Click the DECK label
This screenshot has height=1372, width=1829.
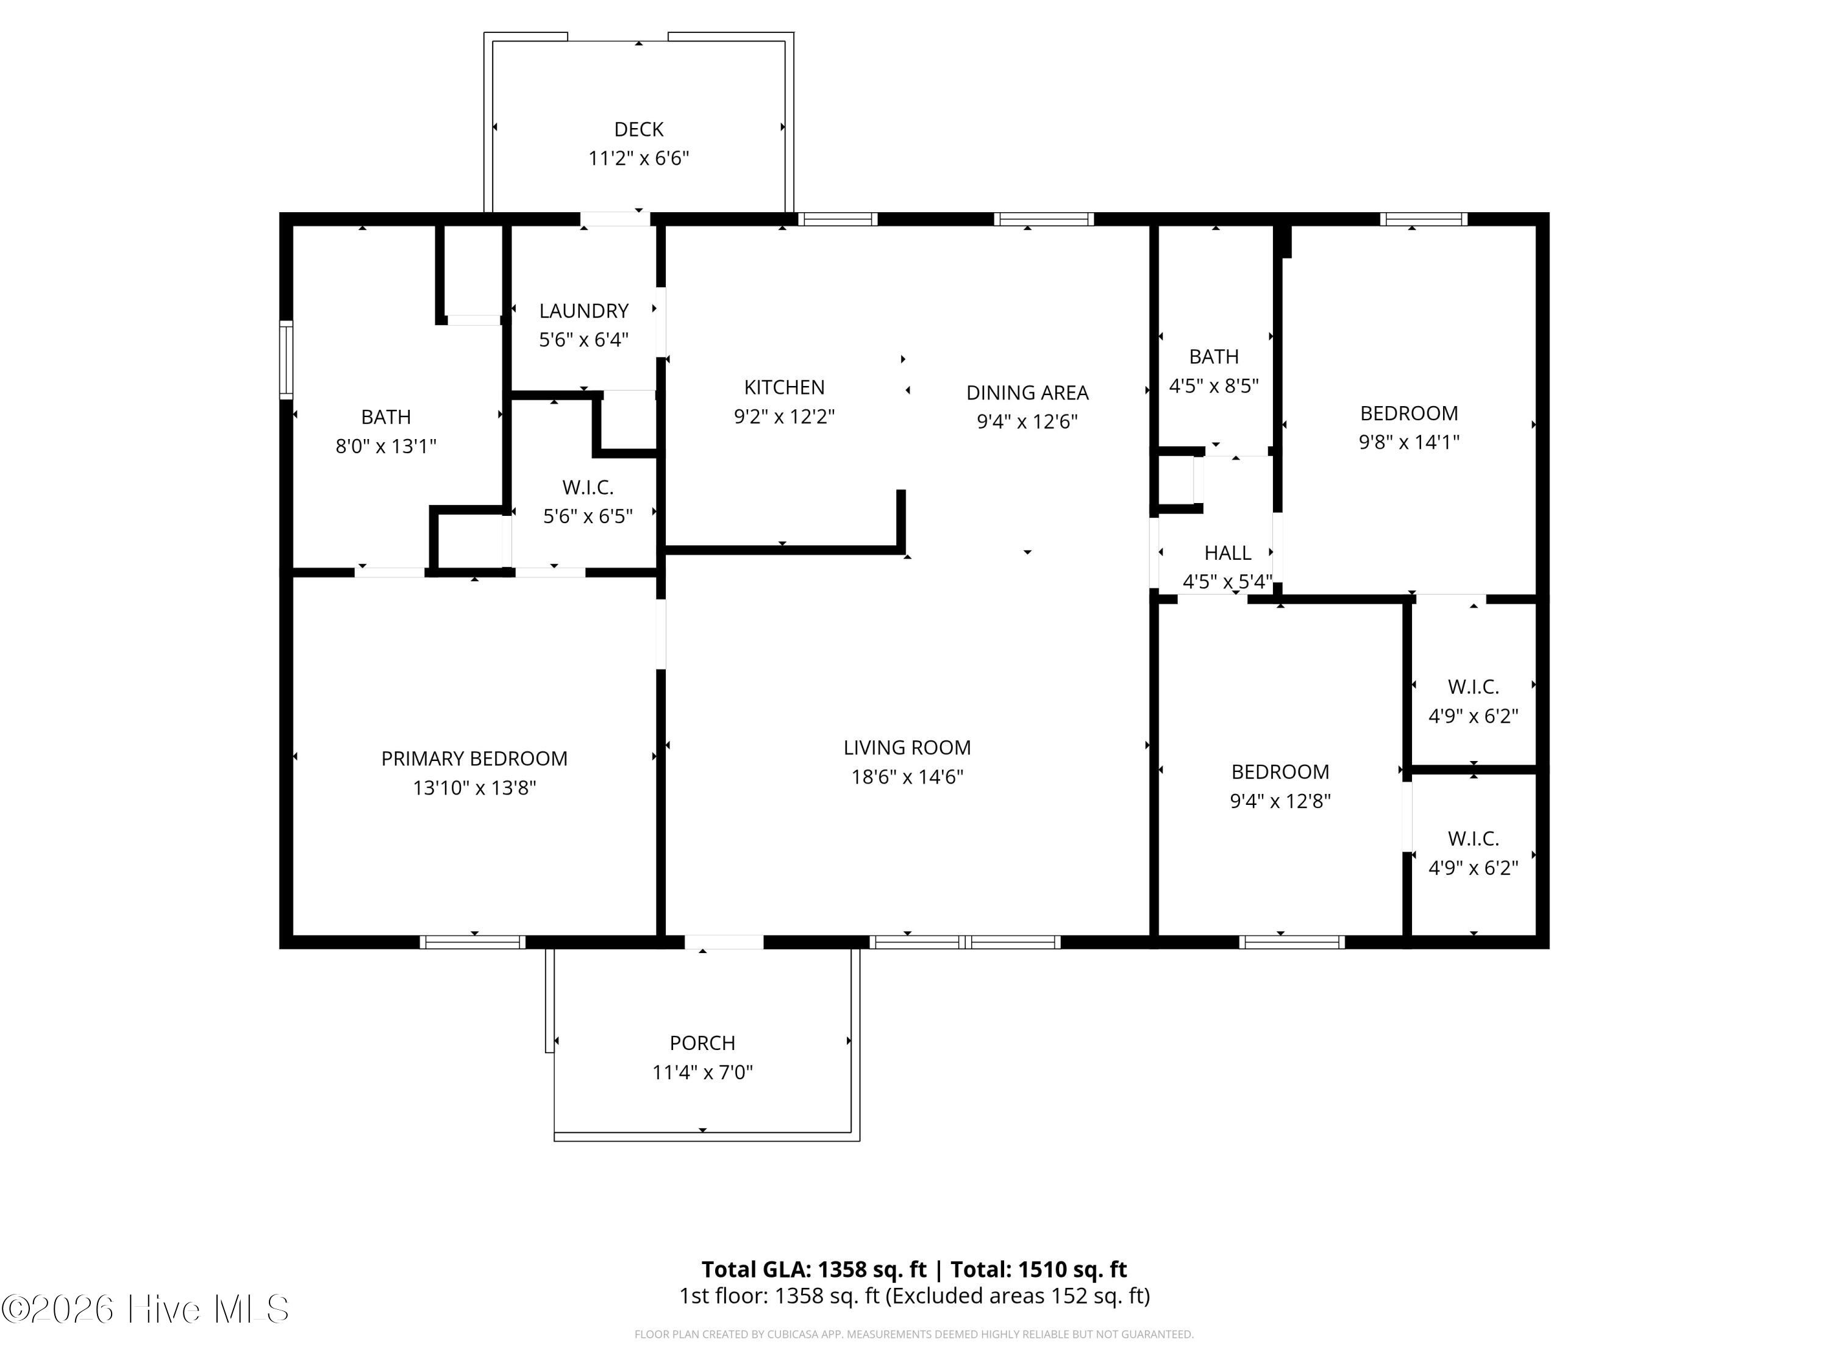[638, 130]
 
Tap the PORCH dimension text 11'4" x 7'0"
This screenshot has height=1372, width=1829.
[702, 1072]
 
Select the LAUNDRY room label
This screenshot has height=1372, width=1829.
[584, 311]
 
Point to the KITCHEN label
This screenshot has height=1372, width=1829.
[784, 387]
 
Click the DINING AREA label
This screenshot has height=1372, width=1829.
[1027, 393]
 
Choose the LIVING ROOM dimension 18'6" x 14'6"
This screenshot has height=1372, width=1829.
[907, 777]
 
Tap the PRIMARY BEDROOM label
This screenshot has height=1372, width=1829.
[474, 759]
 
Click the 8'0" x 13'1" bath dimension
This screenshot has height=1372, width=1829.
[385, 446]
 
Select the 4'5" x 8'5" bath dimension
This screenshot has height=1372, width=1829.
[1213, 385]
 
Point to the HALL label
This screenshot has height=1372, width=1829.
[1227, 552]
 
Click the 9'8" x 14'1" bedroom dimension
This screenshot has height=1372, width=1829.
[1409, 441]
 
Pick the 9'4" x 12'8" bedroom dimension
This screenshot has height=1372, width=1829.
[1280, 801]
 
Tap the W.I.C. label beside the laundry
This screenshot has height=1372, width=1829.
[588, 487]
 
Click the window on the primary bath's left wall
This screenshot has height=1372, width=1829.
[286, 360]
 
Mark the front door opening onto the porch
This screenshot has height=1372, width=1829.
[724, 942]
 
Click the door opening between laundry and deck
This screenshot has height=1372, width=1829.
[615, 219]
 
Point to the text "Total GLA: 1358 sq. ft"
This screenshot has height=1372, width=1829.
[815, 1270]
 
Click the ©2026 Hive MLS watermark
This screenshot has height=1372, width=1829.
[146, 1309]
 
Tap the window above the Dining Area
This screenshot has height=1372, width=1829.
[1044, 219]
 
